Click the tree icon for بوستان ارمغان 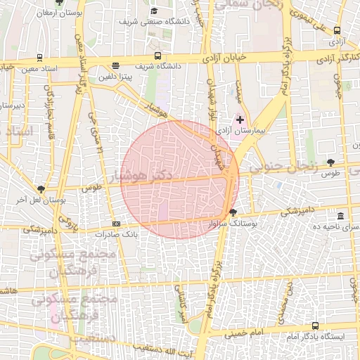pos(59,4)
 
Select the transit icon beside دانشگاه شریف pos(157,56)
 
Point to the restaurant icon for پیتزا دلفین pos(114,66)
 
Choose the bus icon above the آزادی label pos(337,31)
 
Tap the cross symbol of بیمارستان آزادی pos(240,120)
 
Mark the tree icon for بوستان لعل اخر pos(41,188)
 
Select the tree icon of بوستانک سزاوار pos(233,212)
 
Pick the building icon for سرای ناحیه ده pos(340,216)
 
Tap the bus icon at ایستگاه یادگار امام pos(315,326)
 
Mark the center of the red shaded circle pos(180,179)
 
